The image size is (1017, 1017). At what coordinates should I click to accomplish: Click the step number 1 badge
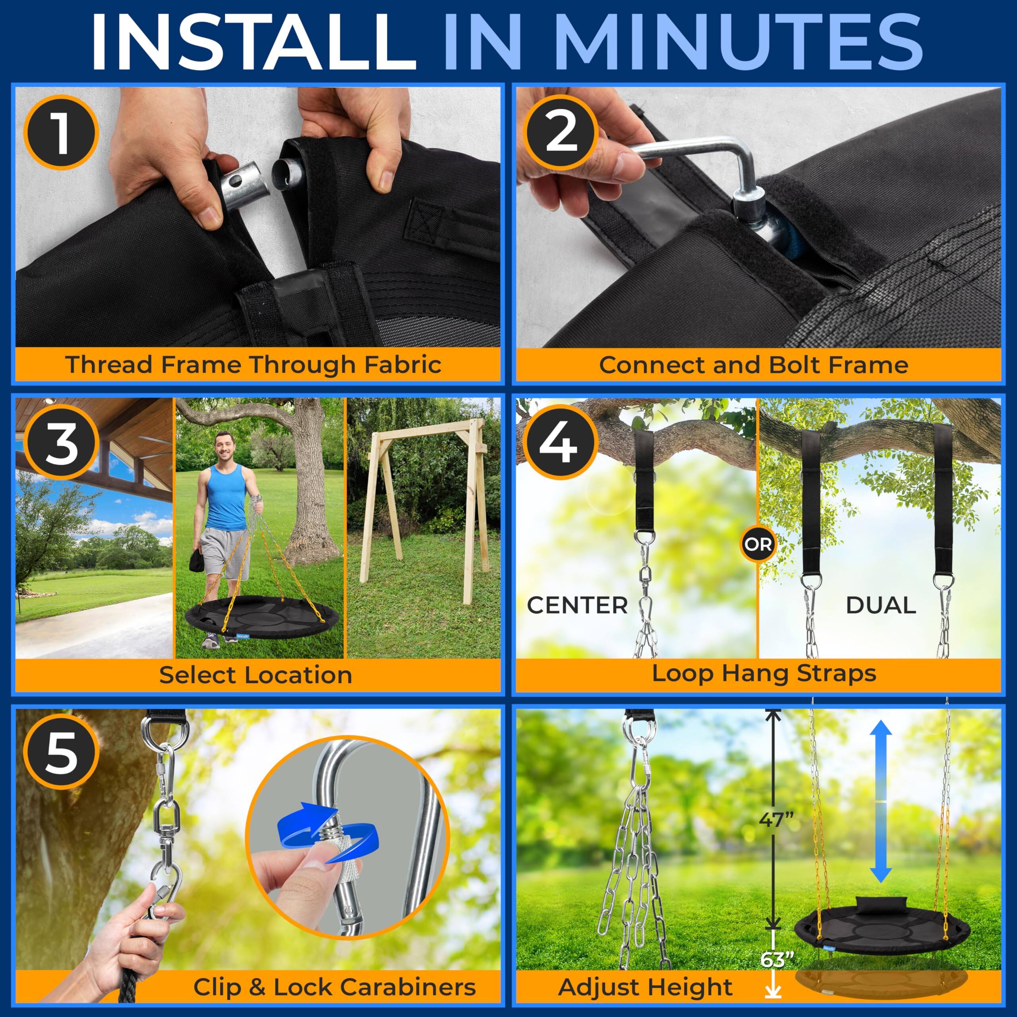(62, 133)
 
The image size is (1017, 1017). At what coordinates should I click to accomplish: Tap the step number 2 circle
(562, 133)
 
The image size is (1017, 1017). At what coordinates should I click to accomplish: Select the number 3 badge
(62, 442)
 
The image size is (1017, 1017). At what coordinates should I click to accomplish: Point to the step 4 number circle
(562, 442)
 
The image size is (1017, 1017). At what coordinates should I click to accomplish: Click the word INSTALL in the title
(253, 42)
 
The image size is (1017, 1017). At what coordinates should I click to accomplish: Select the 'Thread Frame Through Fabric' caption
(254, 364)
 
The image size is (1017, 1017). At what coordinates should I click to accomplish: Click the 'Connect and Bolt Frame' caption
(754, 364)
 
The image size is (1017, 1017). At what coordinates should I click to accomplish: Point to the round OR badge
(758, 544)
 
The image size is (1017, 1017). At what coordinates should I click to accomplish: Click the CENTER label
(578, 605)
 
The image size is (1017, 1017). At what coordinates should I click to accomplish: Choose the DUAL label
(881, 605)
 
